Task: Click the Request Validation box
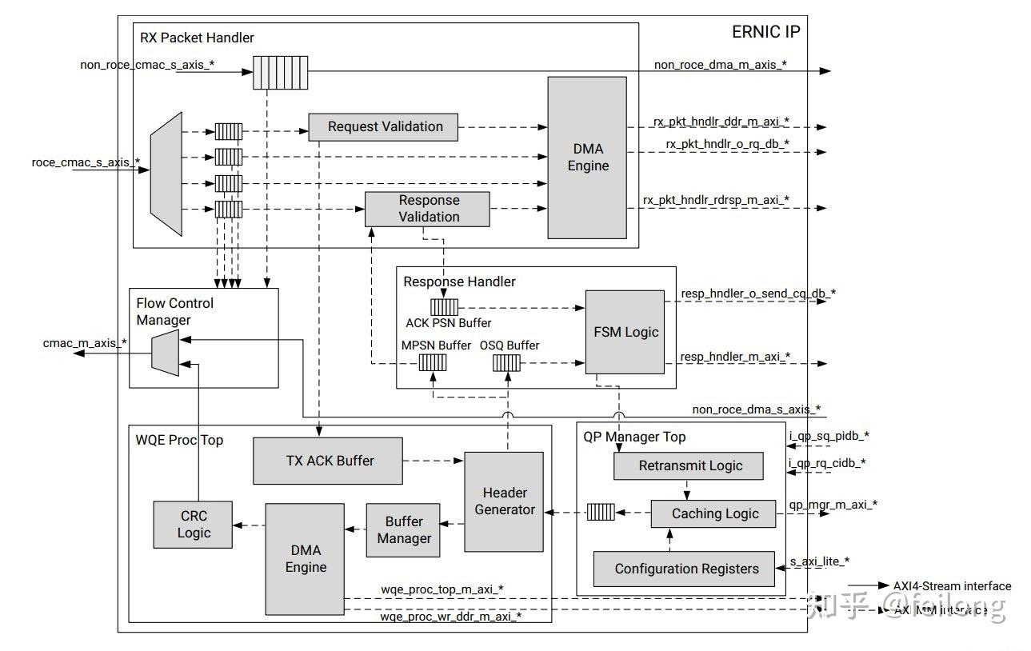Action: tap(385, 127)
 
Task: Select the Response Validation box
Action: tap(428, 209)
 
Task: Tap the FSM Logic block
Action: tap(625, 332)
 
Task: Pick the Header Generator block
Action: tap(504, 501)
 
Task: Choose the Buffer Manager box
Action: tap(404, 530)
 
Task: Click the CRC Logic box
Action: tap(194, 525)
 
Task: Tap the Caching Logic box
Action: tap(713, 513)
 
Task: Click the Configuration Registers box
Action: tap(685, 569)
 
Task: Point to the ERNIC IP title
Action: tap(765, 33)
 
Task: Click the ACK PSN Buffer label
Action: tap(449, 323)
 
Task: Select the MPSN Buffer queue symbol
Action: tap(433, 363)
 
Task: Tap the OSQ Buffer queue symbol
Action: tap(506, 363)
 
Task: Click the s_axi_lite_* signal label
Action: tap(819, 561)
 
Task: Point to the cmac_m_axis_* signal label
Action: tap(84, 343)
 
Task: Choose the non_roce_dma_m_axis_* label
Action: tap(720, 65)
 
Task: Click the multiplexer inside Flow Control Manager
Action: tap(165, 353)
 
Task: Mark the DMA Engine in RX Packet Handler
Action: tap(588, 158)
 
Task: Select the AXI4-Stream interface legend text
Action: tap(952, 586)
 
